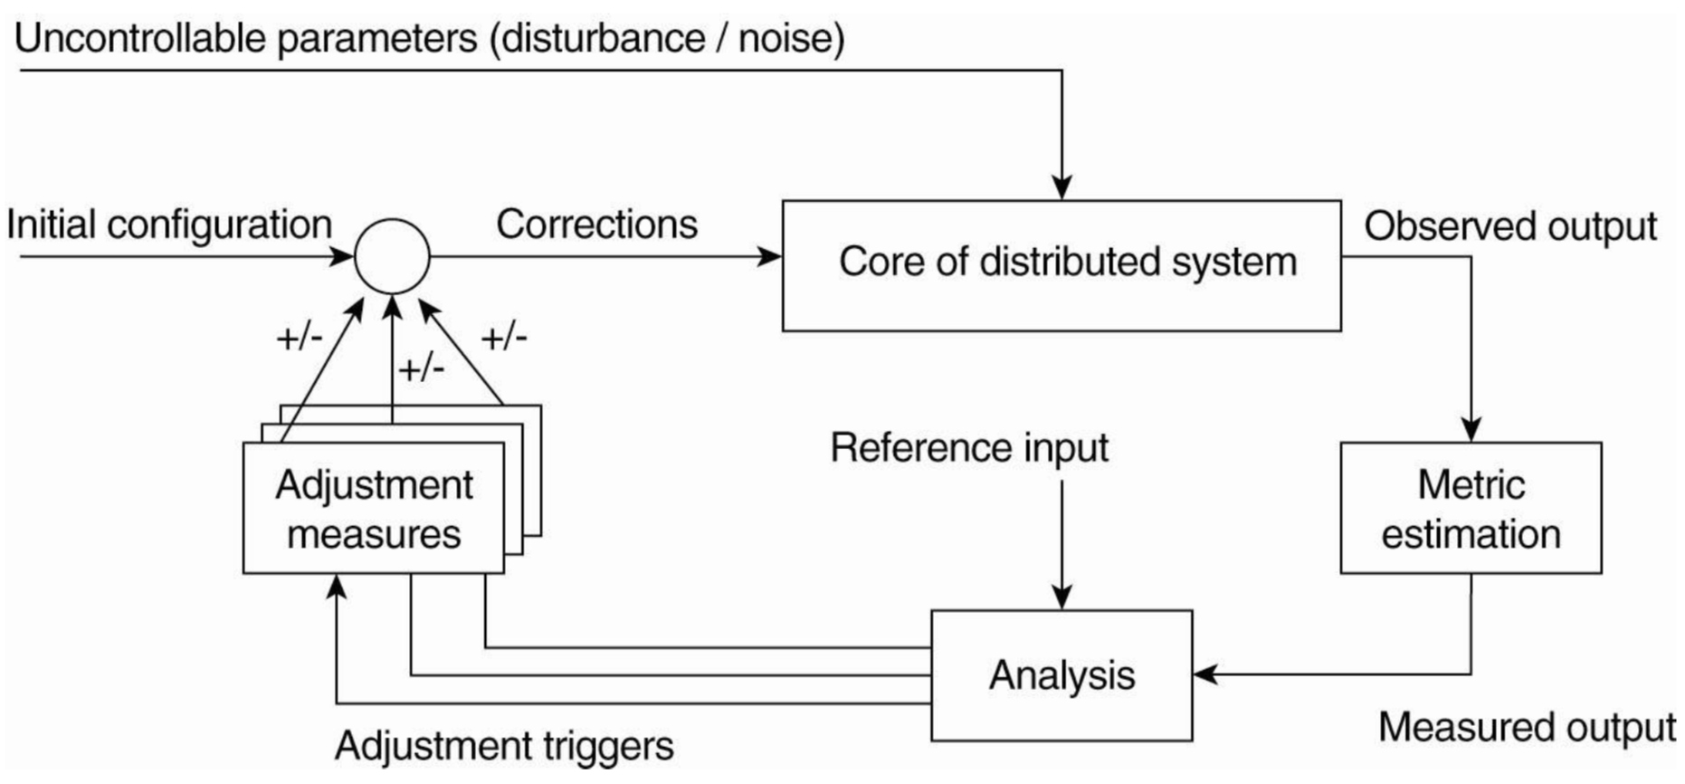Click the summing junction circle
click(x=392, y=256)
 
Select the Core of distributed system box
click(x=1061, y=266)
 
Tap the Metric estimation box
click(x=1471, y=508)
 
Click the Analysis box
click(x=1061, y=675)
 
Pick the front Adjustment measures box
click(x=374, y=508)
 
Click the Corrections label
click(x=597, y=225)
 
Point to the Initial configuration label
click(x=169, y=225)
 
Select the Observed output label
click(x=1510, y=226)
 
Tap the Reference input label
click(x=969, y=448)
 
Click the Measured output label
click(x=1527, y=727)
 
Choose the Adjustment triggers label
click(x=504, y=746)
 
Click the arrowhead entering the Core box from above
click(x=1061, y=186)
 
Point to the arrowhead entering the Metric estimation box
click(x=1471, y=429)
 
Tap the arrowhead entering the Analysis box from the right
click(x=1206, y=674)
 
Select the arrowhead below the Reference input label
click(x=1061, y=597)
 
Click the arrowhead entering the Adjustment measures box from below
click(x=336, y=587)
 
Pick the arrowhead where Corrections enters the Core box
click(x=769, y=256)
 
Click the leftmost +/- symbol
click(x=299, y=339)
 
